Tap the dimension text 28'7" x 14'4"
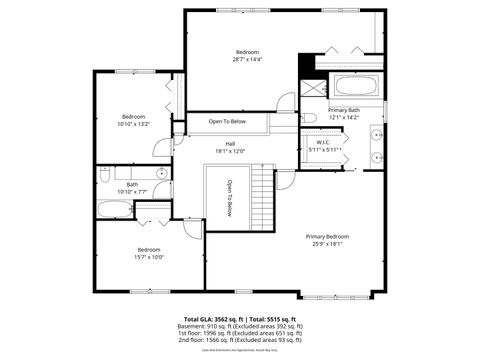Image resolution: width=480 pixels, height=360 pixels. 247,60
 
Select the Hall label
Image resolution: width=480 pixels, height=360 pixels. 230,144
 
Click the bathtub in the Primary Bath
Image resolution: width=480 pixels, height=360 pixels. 355,87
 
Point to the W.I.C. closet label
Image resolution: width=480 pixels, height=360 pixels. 324,142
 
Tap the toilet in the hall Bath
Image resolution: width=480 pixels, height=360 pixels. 104,175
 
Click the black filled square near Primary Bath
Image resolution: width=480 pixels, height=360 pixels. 308,61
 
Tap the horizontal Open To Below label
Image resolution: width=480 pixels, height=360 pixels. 229,122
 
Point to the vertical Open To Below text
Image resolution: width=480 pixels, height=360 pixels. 229,198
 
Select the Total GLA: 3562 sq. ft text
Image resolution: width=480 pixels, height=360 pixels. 204,319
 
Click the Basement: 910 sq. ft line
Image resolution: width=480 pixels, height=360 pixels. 239,326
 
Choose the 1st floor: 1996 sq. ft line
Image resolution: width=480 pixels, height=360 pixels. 239,333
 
